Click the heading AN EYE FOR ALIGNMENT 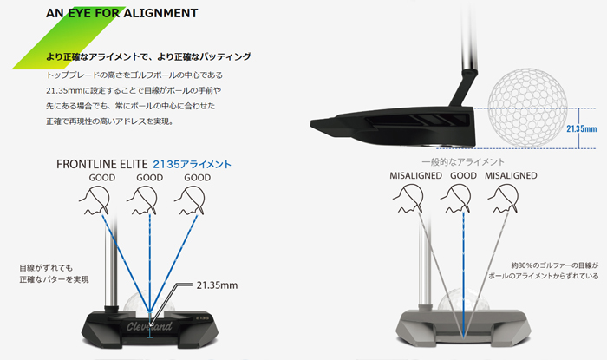tap(122, 13)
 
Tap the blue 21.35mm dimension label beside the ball tap(582, 128)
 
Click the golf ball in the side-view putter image tap(527, 108)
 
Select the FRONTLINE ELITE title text tap(101, 164)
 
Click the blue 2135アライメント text tap(192, 165)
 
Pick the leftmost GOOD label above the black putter tap(102, 178)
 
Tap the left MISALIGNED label tap(415, 176)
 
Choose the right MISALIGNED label tap(511, 176)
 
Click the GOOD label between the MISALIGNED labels tap(463, 176)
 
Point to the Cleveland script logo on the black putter tap(149, 326)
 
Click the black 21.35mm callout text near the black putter tap(217, 285)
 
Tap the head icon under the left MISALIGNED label tap(408, 198)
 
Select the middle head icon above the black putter tap(142, 200)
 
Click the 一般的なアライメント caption tap(463, 162)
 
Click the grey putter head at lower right tap(463, 328)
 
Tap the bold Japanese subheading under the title tap(148, 56)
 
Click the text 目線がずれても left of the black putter tap(46, 268)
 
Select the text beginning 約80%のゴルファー tap(555, 265)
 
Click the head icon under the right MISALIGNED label tap(503, 198)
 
